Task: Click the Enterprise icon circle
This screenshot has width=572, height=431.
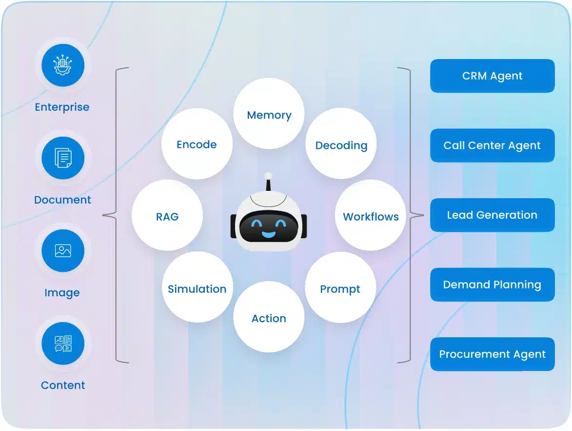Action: [x=63, y=65]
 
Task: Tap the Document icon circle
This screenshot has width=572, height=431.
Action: [x=63, y=158]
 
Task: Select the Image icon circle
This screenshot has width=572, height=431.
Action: [x=63, y=251]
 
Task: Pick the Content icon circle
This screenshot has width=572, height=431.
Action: [x=63, y=344]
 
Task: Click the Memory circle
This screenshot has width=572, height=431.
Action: [x=269, y=114]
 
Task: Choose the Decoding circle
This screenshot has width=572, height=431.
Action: [x=341, y=144]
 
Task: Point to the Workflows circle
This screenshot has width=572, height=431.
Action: [x=371, y=215]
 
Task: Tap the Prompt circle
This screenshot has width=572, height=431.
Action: [x=340, y=287]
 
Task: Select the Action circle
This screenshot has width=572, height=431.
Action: [x=269, y=317]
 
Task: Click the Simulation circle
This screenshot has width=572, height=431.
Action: [x=197, y=287]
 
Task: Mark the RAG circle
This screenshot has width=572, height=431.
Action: [x=167, y=215]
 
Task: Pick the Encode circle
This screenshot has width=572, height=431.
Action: [x=197, y=144]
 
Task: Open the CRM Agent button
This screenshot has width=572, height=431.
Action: [x=492, y=76]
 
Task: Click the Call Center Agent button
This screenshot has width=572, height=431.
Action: [x=492, y=145]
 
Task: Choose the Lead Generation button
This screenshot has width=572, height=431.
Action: [x=492, y=215]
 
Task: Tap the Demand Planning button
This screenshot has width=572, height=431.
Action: [x=492, y=285]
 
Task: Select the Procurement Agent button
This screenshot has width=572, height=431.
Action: [x=492, y=354]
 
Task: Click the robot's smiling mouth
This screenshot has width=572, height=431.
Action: [x=268, y=234]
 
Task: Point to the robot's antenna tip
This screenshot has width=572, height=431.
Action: [x=267, y=175]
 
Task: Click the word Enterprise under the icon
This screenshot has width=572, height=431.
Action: [x=62, y=107]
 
